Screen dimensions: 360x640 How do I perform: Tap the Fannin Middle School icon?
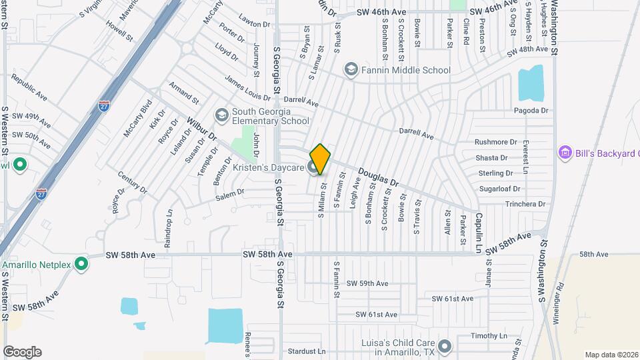click(x=351, y=70)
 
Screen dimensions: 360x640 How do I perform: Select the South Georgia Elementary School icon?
click(x=221, y=116)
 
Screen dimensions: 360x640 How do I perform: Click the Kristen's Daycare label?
click(x=267, y=167)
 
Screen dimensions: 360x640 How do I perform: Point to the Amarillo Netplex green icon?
click(x=82, y=265)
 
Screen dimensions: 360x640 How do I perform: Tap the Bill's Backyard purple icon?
click(x=565, y=153)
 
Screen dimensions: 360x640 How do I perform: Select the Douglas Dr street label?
click(x=378, y=177)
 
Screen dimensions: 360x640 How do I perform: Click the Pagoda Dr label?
click(x=531, y=111)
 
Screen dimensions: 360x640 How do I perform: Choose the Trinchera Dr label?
click(x=525, y=204)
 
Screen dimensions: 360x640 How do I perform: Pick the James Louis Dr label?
click(x=247, y=88)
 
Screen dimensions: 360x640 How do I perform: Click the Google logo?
click(x=22, y=352)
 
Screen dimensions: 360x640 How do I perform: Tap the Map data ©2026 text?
click(x=610, y=355)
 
